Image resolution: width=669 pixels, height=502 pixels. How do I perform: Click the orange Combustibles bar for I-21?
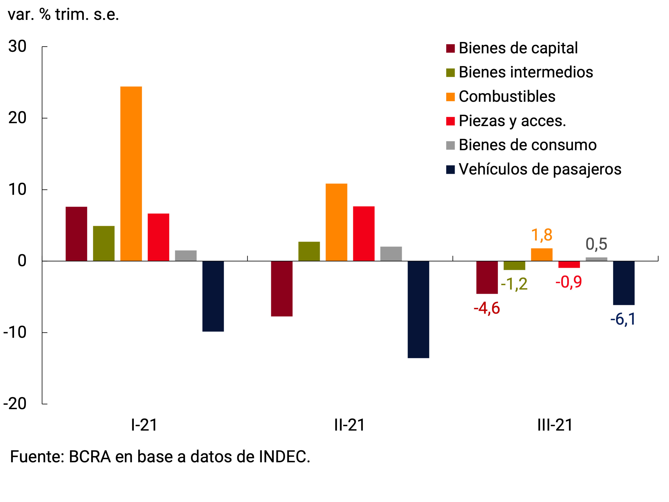(131, 174)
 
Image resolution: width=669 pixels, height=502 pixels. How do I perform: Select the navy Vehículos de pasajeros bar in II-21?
(418, 309)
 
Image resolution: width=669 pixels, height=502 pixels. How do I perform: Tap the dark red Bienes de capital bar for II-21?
(282, 289)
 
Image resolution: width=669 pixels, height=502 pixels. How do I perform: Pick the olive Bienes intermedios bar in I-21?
(104, 243)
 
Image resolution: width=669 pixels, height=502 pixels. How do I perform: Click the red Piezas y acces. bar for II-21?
(364, 234)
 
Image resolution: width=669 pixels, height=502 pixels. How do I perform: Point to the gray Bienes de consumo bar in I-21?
(186, 256)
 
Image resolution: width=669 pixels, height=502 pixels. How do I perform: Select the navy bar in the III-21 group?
(624, 283)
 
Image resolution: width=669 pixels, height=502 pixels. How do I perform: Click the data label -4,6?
(487, 308)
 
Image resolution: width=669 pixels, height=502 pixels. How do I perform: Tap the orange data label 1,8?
(542, 235)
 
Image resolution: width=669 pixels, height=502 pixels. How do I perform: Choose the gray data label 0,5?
(596, 244)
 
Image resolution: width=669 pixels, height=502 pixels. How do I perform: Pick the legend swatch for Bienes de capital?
(450, 48)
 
